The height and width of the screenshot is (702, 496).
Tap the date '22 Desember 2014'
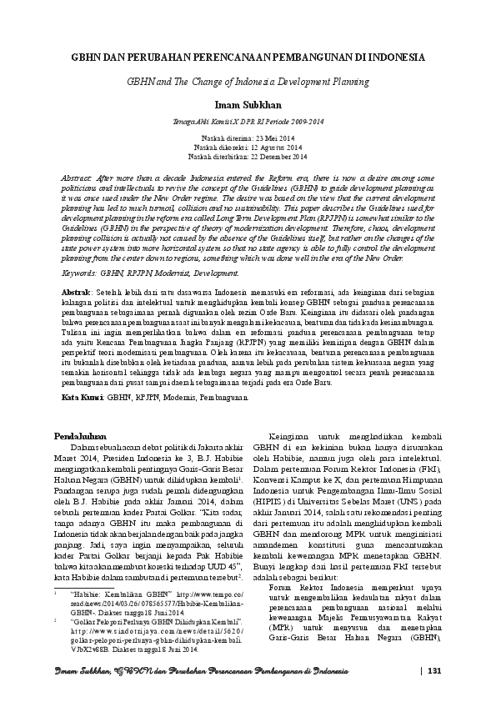pos(267,156)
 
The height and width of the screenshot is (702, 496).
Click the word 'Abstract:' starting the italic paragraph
pos(81,178)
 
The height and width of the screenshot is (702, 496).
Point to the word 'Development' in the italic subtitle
pos(300,83)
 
